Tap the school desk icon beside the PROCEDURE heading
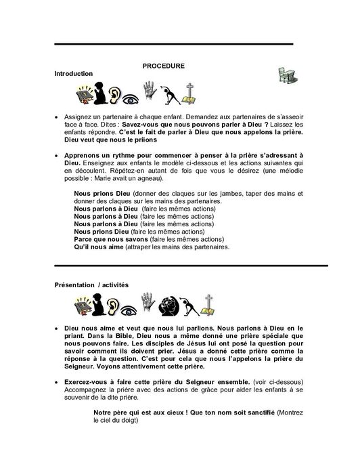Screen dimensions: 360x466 click(x=284, y=76)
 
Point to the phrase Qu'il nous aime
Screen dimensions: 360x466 click(x=96, y=247)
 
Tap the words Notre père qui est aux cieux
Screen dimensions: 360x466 click(x=135, y=412)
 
